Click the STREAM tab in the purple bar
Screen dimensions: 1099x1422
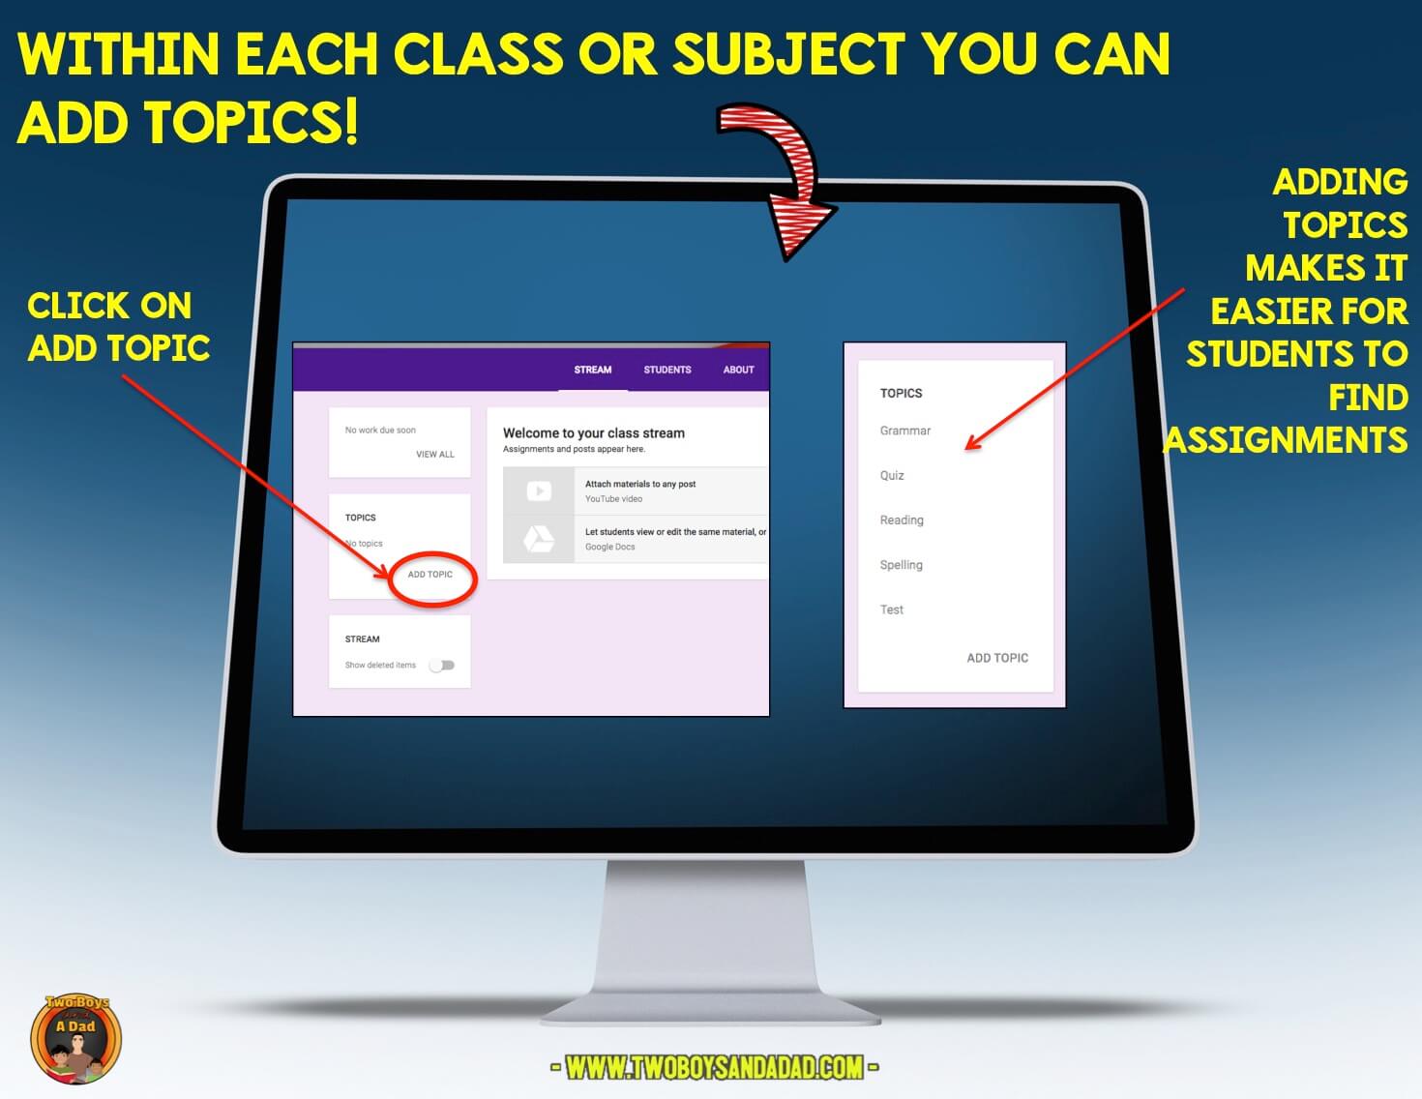[x=592, y=370]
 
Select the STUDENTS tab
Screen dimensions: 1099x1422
[x=667, y=370]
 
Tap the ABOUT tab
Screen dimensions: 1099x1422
[x=738, y=370]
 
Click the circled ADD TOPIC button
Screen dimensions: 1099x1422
[x=430, y=575]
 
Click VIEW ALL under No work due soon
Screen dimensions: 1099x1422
[x=434, y=455]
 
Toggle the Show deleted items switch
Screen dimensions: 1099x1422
[x=442, y=666]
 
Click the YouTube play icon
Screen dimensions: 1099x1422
[x=539, y=491]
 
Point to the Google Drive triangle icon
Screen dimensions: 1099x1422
[x=539, y=539]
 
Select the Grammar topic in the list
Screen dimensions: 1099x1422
[x=905, y=431]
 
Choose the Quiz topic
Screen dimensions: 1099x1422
[x=892, y=476]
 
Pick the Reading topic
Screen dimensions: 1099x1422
[x=902, y=520]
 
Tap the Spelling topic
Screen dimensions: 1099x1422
[x=901, y=565]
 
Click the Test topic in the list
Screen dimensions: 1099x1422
[x=891, y=610]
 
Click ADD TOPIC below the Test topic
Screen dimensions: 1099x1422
[x=997, y=658]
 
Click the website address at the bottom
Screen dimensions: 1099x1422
[x=714, y=1067]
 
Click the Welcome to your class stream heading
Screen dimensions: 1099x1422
[x=593, y=433]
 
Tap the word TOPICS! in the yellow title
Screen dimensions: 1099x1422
[x=253, y=123]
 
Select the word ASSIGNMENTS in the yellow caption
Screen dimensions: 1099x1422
[x=1286, y=441]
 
